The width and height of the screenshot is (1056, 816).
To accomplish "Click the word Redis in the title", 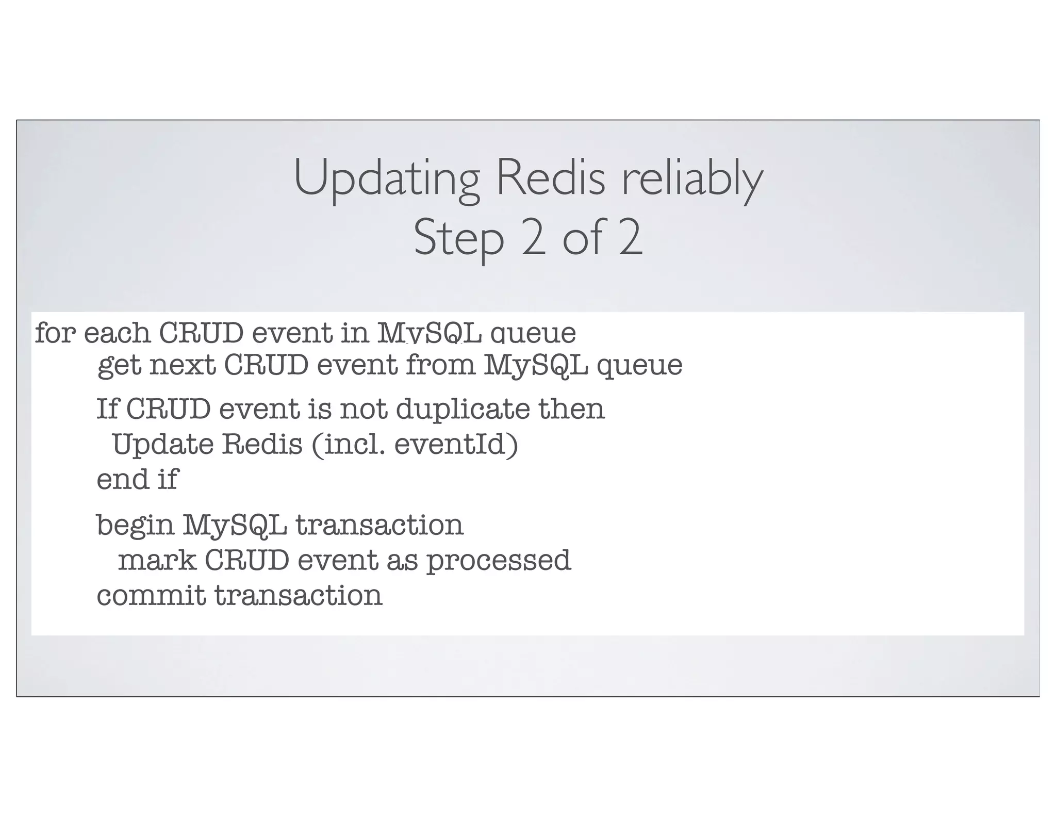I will click(x=550, y=177).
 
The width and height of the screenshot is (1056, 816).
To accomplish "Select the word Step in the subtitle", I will click(x=458, y=238).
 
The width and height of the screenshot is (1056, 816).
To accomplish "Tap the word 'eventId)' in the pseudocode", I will click(x=456, y=444).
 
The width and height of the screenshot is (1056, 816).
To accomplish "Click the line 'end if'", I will click(x=137, y=479).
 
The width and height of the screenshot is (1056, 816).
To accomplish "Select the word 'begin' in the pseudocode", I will click(x=136, y=526).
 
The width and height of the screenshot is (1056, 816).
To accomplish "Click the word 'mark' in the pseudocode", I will click(x=157, y=560).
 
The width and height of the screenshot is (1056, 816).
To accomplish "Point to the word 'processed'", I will click(x=499, y=561).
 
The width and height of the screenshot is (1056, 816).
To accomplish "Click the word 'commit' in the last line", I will click(x=151, y=595).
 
